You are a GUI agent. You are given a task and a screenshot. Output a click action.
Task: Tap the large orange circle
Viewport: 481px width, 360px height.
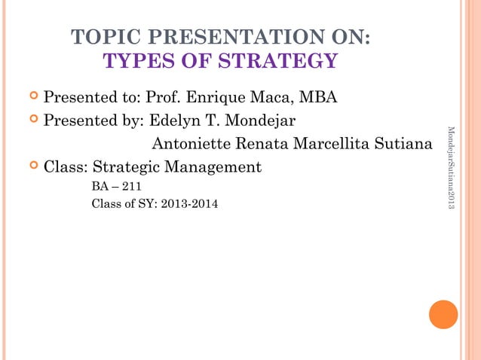[x=443, y=315]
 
